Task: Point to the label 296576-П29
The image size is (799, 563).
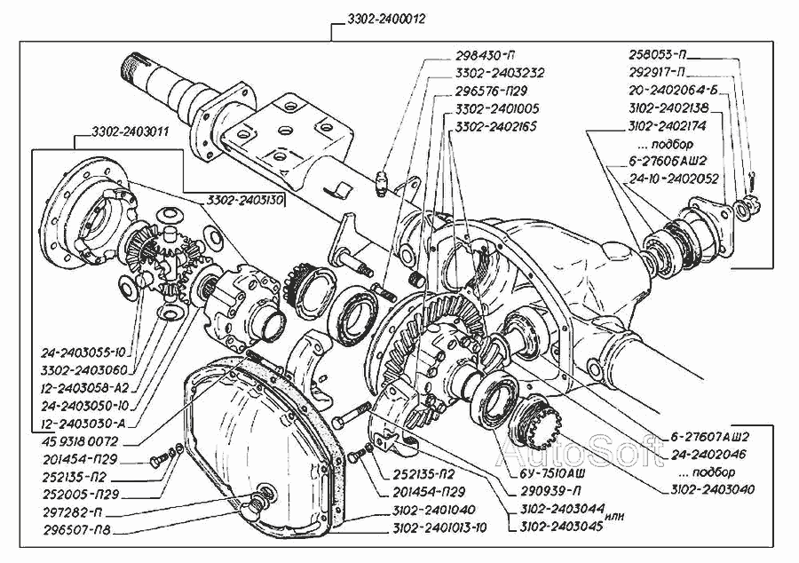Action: pyautogui.click(x=490, y=91)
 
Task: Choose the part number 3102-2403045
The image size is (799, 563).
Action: pyautogui.click(x=551, y=525)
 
